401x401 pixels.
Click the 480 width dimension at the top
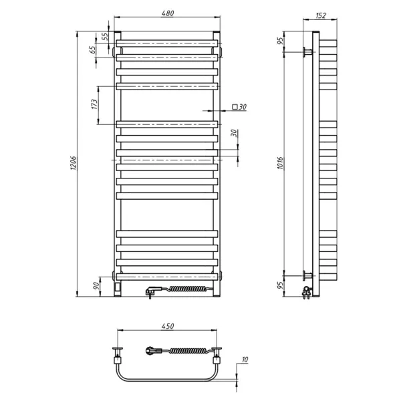167,15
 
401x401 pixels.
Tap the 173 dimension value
94,104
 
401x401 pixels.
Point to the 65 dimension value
94,48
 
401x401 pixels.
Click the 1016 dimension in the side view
281,164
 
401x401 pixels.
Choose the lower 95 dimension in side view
281,284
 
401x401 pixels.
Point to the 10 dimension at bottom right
245,360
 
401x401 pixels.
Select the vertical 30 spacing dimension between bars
234,132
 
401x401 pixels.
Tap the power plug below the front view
152,291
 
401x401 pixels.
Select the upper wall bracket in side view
307,51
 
